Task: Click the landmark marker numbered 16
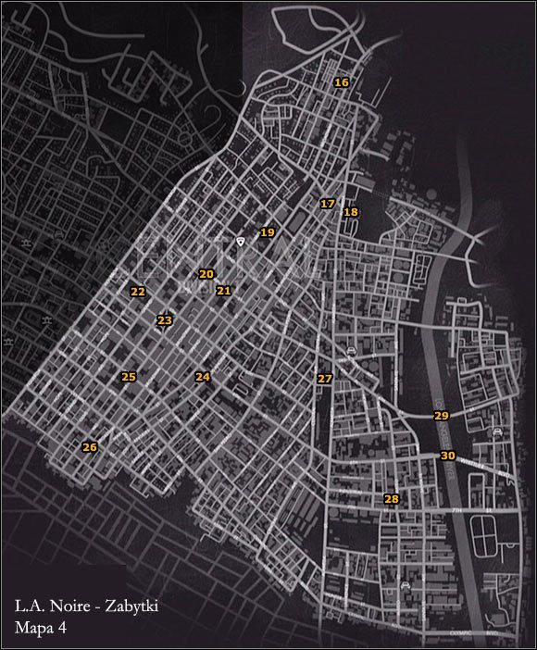pyautogui.click(x=342, y=83)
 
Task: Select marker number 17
pyautogui.click(x=327, y=204)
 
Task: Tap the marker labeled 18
pyautogui.click(x=350, y=213)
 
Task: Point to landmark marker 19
pyautogui.click(x=268, y=232)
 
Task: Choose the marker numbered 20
pyautogui.click(x=206, y=274)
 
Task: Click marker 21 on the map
pyautogui.click(x=223, y=291)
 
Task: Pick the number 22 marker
pyautogui.click(x=138, y=292)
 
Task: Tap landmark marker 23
pyautogui.click(x=165, y=321)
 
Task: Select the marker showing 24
pyautogui.click(x=203, y=377)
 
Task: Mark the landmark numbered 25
pyautogui.click(x=129, y=377)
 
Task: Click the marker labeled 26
pyautogui.click(x=89, y=447)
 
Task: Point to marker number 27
pyautogui.click(x=324, y=380)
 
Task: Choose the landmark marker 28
pyautogui.click(x=391, y=500)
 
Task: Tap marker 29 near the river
pyautogui.click(x=441, y=417)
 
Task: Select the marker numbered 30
pyautogui.click(x=448, y=456)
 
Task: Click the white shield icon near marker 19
pyautogui.click(x=240, y=241)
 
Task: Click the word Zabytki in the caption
pyautogui.click(x=141, y=607)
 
